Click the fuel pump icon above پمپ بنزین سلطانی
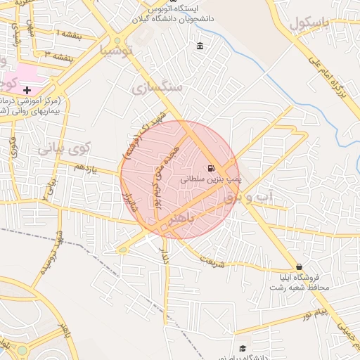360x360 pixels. pos(211,168)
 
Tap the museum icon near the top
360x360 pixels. pos(200,46)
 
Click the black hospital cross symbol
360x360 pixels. pos(27,91)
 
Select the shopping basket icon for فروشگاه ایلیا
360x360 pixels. pos(300,267)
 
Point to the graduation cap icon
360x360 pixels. pos(243,348)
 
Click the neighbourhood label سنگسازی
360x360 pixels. pos(156,86)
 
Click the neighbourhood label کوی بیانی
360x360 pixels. pos(64,149)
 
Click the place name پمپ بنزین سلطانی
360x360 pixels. pos(211,179)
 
